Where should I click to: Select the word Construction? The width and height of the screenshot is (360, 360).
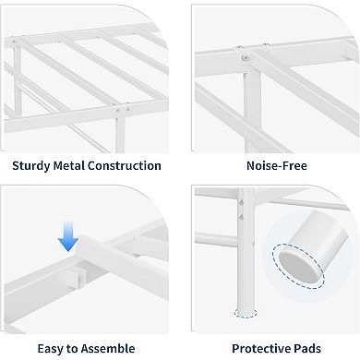tap(129, 166)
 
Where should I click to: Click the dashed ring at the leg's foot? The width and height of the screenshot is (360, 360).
tap(246, 313)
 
